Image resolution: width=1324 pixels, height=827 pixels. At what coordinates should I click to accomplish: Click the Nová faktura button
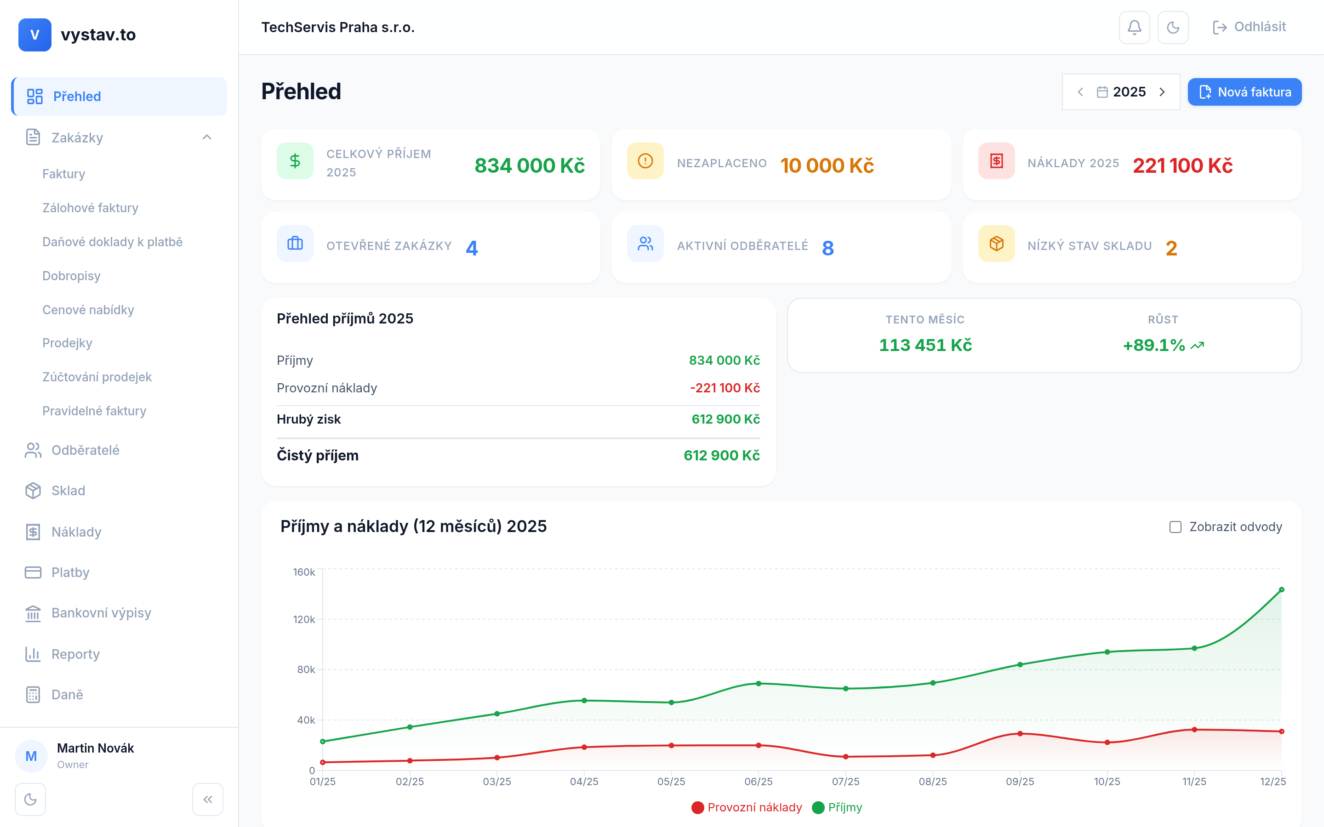[1244, 92]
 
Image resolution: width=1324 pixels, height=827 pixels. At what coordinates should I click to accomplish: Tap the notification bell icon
[1134, 28]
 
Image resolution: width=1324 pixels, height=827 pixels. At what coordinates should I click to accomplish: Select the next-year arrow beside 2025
[1162, 92]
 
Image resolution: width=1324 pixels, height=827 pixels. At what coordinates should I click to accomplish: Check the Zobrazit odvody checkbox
[1175, 527]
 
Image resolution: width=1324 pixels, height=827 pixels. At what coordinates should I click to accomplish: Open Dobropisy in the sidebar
[71, 276]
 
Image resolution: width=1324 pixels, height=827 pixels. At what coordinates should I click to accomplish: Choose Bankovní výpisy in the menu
[101, 612]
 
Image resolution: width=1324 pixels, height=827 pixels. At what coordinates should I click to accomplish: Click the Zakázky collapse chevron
[207, 137]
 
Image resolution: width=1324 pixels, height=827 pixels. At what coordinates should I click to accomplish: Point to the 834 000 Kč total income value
[529, 166]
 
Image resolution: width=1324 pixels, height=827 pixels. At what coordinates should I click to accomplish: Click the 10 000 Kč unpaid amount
[827, 166]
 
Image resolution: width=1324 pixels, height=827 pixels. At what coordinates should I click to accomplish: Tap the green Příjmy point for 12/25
[1281, 589]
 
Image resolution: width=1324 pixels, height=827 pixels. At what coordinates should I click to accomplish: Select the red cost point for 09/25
[1020, 733]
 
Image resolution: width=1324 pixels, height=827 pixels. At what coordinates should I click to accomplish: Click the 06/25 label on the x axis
[758, 782]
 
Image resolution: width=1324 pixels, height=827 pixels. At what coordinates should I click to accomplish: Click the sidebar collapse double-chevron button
[207, 799]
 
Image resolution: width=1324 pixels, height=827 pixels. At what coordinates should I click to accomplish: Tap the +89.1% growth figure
[1154, 345]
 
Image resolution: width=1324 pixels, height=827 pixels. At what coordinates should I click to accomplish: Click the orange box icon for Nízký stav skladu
[996, 244]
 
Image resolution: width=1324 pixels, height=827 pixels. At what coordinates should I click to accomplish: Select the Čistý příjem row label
[317, 455]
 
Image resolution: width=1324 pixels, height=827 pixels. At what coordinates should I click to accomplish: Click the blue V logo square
[34, 35]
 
